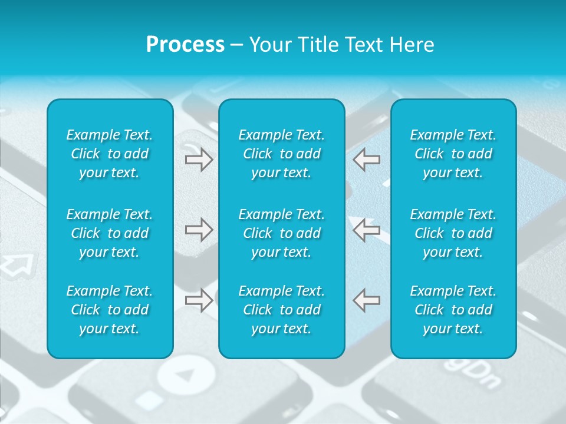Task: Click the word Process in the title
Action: pos(185,45)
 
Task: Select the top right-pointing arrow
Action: pos(199,159)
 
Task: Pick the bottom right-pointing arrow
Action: pos(199,300)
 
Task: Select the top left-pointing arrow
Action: pos(366,159)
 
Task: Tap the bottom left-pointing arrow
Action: pos(366,300)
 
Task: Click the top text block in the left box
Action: pos(110,154)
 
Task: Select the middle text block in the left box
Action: pos(110,233)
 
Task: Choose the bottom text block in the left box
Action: pos(110,310)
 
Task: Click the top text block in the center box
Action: pos(282,154)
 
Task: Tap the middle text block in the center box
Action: pos(282,233)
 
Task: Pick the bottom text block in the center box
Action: pos(282,310)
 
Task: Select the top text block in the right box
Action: pos(453,154)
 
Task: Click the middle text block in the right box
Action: pos(453,233)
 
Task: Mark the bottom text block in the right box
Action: pos(453,310)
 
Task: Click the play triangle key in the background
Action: pos(187,374)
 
